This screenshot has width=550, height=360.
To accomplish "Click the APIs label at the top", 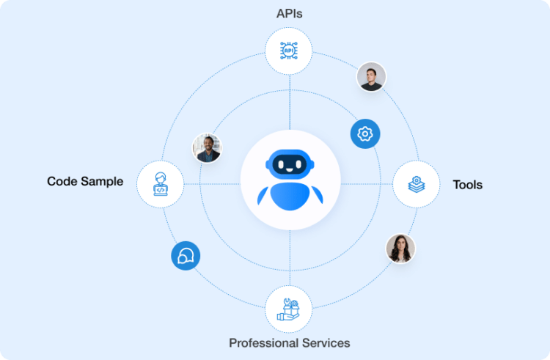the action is point(289,14).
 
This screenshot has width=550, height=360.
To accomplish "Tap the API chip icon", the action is point(289,51).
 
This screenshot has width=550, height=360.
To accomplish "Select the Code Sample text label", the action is point(85,181).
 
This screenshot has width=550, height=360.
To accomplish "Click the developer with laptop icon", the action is point(161,184).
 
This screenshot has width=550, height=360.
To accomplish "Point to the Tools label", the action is point(468,185).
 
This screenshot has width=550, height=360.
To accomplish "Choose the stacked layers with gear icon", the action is point(417,184).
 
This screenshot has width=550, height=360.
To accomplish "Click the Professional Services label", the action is point(290,343).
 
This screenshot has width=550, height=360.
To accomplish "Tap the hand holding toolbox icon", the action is point(288,309).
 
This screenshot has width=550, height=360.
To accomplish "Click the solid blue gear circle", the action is point(365,134).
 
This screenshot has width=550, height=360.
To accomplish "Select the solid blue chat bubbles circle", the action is point(186,256).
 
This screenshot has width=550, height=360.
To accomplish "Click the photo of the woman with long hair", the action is point(400,249).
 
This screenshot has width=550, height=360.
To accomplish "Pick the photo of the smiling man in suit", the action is point(207,148).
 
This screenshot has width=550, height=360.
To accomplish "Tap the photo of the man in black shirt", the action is point(371,76).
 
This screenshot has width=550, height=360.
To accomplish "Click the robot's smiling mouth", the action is point(289,170).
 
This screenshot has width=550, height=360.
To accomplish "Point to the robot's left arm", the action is point(263,196).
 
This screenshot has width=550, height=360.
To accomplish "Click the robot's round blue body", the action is point(290,197).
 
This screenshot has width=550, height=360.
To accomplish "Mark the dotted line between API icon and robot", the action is point(290,102).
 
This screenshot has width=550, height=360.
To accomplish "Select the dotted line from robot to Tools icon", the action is point(367,184).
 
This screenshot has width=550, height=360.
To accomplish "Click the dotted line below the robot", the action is point(290,257).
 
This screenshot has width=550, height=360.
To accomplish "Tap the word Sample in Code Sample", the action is point(103,181).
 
